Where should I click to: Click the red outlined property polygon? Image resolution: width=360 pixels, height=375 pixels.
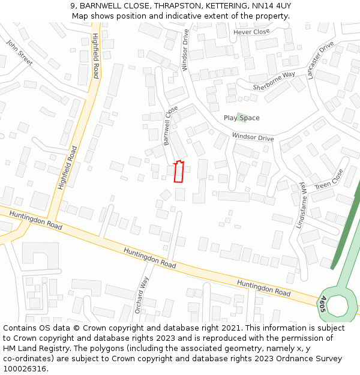click(x=178, y=172)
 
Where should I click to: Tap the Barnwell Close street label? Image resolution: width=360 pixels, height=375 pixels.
click(x=171, y=126)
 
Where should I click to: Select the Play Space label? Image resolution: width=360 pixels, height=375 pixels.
click(x=242, y=118)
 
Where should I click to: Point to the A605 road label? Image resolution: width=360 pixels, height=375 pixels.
click(x=322, y=303)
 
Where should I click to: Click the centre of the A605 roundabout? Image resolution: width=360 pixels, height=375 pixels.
click(x=338, y=305)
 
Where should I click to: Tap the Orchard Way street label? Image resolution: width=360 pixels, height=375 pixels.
click(x=141, y=295)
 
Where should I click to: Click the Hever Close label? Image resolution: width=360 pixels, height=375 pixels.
click(x=252, y=32)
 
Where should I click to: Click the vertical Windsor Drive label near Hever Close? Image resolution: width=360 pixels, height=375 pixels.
click(x=185, y=50)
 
